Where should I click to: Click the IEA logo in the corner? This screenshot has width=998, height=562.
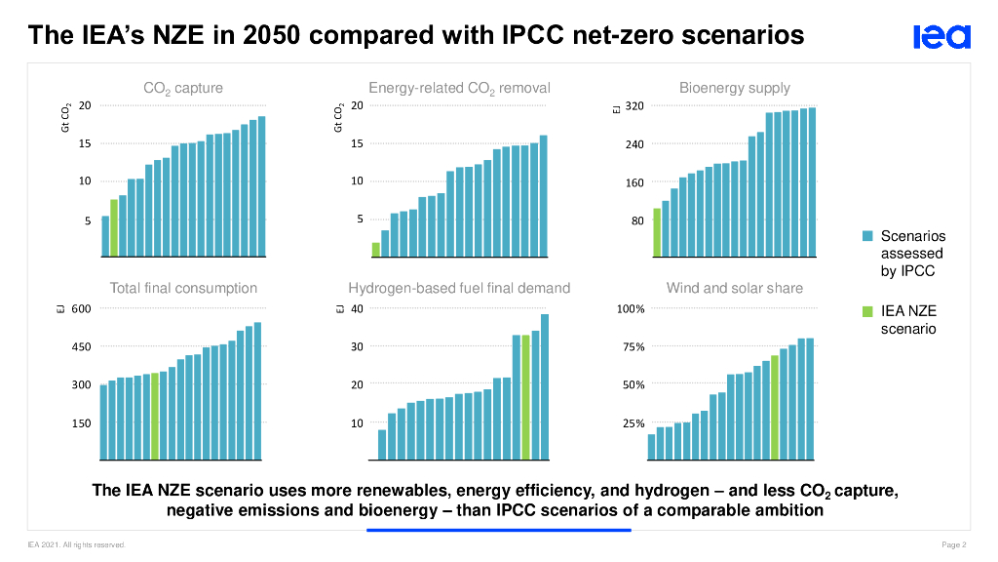pos(942,37)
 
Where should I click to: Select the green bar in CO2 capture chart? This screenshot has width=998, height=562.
pos(114,228)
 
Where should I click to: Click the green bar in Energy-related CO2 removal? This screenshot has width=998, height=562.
pos(375,250)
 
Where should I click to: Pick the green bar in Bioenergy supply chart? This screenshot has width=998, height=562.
pos(657,232)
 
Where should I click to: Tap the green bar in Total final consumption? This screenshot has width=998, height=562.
pos(155,416)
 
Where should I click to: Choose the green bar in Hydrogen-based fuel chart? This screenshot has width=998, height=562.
pos(525,397)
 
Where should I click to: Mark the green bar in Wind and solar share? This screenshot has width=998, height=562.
pos(775,407)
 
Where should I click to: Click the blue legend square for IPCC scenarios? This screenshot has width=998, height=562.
pos(866,236)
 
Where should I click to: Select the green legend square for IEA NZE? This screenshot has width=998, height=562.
pos(866,311)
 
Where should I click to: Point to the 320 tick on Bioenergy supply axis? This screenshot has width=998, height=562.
pos(634,105)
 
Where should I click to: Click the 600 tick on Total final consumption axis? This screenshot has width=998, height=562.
pos(81,309)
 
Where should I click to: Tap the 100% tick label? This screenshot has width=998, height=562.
pos(631,309)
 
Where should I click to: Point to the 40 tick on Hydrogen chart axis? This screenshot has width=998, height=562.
pos(357,309)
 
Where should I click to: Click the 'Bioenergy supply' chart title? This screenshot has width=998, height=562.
pos(735,88)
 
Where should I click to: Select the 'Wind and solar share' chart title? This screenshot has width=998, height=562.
pos(735,288)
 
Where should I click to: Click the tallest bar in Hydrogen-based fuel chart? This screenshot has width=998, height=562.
pos(545,386)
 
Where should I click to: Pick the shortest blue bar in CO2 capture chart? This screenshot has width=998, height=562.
pos(105,236)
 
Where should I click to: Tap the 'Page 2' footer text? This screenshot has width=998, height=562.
pos(954,544)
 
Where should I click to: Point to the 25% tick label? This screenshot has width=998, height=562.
pos(633,423)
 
